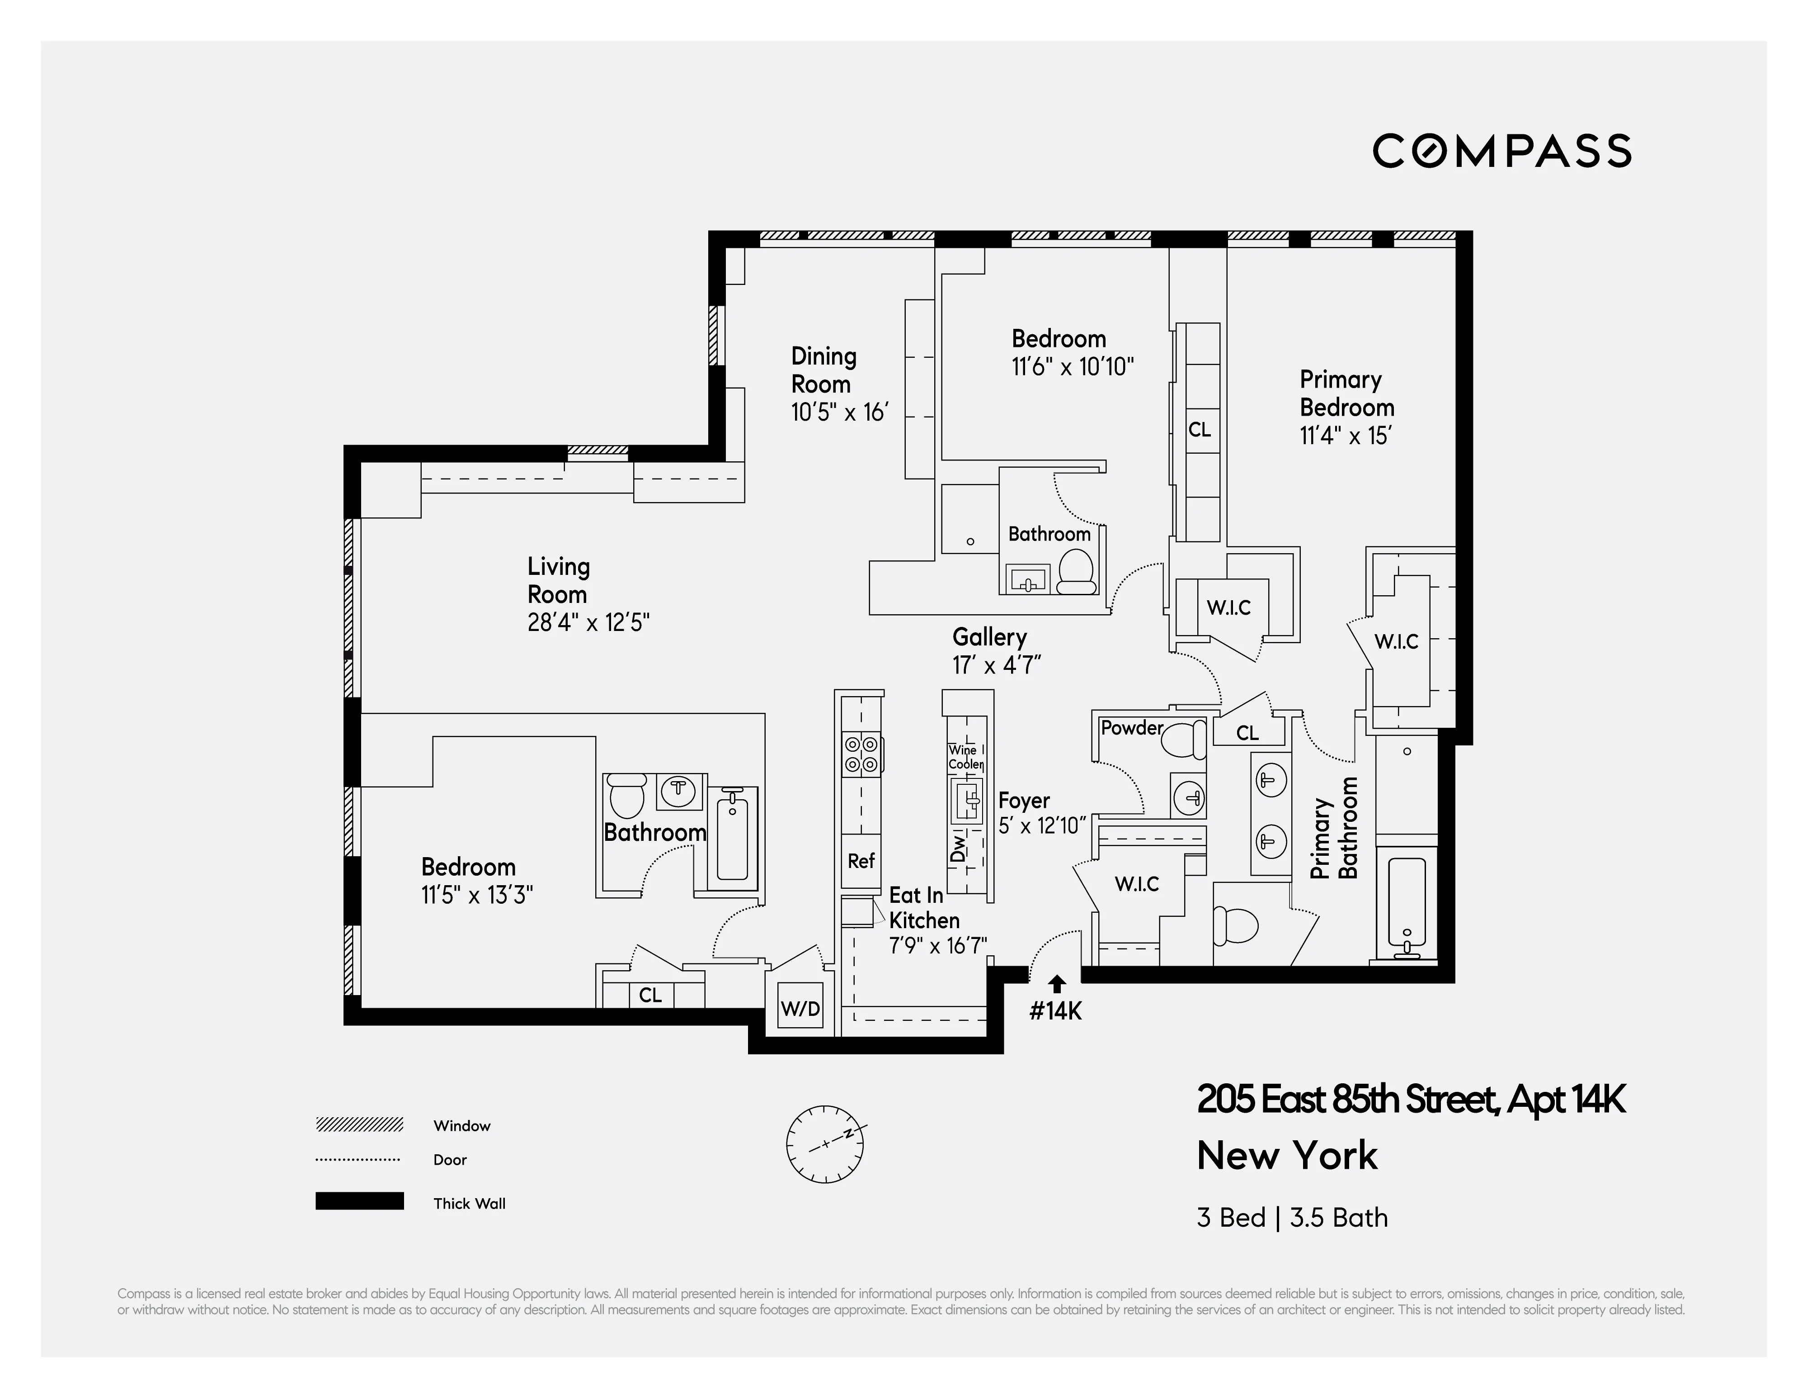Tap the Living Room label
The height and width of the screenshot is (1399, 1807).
[559, 580]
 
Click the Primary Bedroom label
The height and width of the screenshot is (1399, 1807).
[1346, 393]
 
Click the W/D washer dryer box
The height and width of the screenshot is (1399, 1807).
[800, 1008]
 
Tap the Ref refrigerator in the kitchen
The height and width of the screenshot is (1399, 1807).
[861, 861]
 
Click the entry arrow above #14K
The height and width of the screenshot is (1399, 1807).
[1057, 982]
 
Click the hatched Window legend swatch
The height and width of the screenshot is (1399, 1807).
[359, 1124]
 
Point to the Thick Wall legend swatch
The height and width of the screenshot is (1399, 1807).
[359, 1201]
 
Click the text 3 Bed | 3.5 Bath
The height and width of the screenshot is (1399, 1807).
[1292, 1218]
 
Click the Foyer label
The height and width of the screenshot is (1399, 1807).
[1023, 801]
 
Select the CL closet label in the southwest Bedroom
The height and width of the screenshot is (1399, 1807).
[650, 995]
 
